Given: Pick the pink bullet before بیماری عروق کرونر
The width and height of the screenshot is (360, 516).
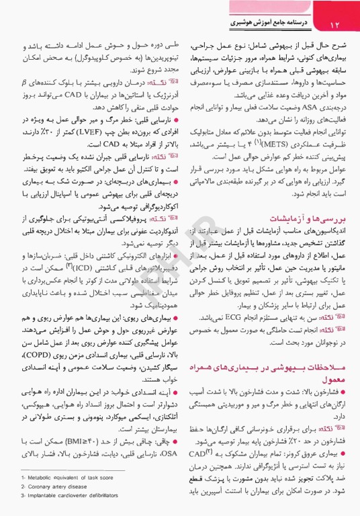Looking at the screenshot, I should [343, 454].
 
